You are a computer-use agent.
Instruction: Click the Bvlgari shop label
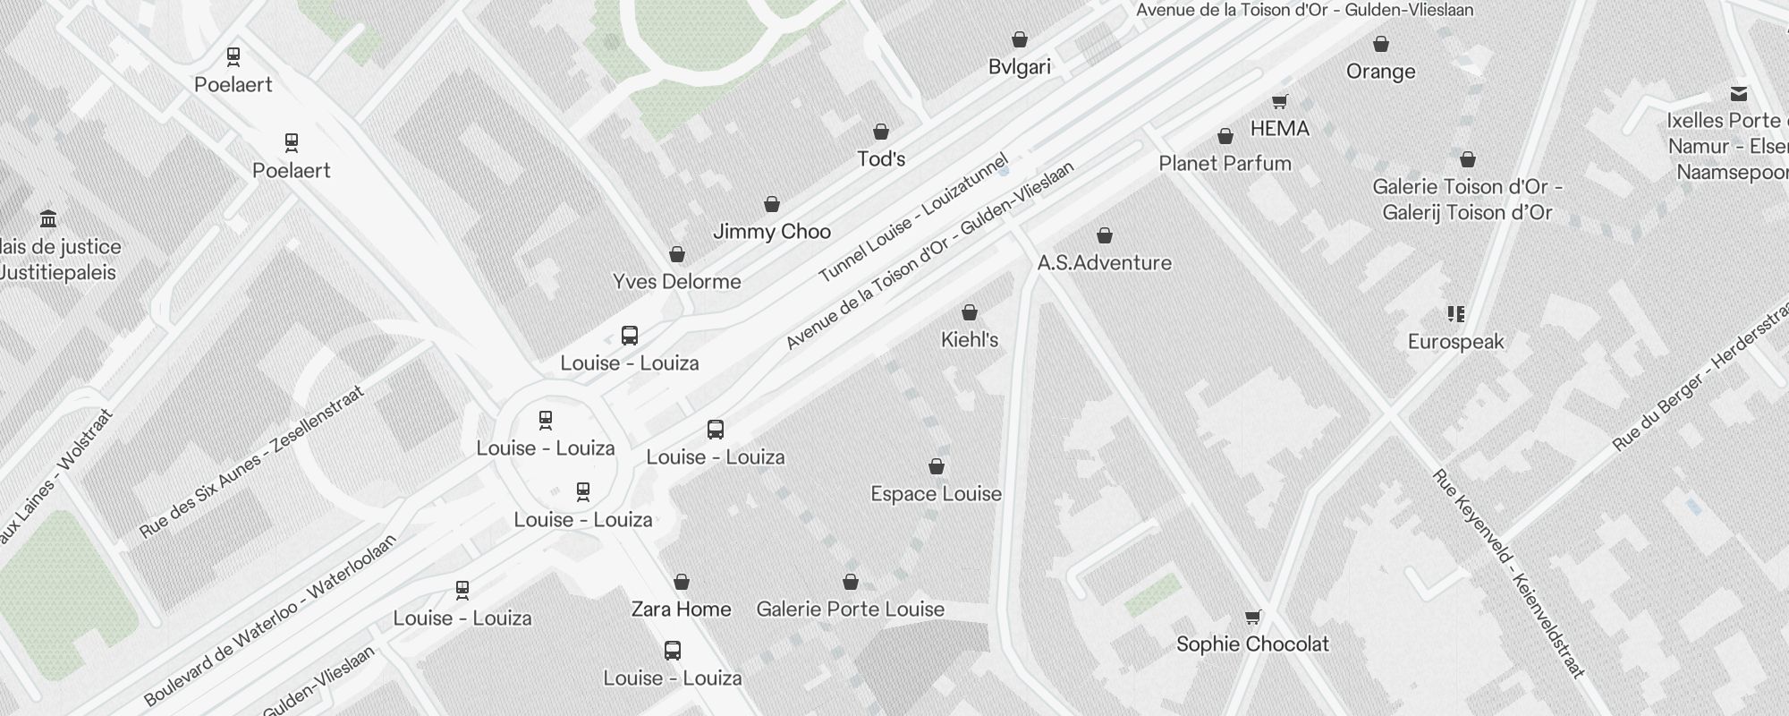coord(1019,67)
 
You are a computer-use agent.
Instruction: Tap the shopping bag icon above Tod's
coord(881,132)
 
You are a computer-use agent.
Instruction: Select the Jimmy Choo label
coord(771,232)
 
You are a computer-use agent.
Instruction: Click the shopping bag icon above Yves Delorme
coord(677,255)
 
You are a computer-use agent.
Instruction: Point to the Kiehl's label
coord(969,340)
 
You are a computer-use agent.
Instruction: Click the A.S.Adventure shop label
coord(1104,263)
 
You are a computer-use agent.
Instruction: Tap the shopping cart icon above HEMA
coord(1279,102)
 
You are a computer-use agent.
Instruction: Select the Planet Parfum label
coord(1225,164)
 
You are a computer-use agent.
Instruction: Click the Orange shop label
coord(1380,72)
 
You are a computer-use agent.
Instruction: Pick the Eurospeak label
coord(1455,342)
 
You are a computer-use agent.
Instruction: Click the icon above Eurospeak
coord(1455,314)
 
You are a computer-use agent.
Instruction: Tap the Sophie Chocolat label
coord(1252,644)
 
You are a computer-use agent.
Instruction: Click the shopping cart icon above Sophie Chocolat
coord(1252,617)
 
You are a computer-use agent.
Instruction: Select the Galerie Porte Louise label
coord(850,609)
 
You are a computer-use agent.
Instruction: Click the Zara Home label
coord(681,609)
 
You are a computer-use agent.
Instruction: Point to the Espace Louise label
coord(936,494)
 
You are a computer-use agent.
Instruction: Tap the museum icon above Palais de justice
coord(48,219)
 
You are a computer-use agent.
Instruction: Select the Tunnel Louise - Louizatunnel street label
coord(913,218)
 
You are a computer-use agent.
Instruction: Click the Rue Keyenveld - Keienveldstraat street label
coord(1507,573)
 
